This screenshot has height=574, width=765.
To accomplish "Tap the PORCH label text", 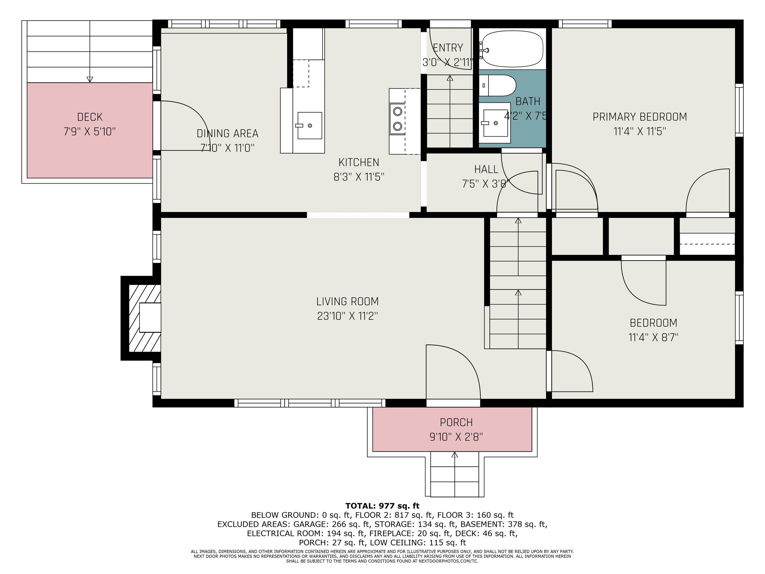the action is [456, 423].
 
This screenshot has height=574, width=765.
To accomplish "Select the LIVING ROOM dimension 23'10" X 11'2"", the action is [347, 316].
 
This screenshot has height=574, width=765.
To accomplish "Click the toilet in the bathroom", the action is [497, 85].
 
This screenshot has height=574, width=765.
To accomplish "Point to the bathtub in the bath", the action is [512, 48].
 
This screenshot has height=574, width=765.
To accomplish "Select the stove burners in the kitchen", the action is [398, 119].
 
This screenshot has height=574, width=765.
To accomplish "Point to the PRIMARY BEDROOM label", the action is [640, 117].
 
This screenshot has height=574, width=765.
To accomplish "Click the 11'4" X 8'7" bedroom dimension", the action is [653, 337].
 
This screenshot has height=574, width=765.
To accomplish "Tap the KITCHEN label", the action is [359, 162].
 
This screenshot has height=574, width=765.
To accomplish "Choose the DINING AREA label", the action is [227, 134].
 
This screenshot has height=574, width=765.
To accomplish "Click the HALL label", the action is [486, 169].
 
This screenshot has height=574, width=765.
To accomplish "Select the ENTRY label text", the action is [448, 47].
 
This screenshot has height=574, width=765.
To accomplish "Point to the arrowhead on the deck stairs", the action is [90, 79].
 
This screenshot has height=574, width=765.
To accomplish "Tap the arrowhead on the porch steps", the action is [455, 455].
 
